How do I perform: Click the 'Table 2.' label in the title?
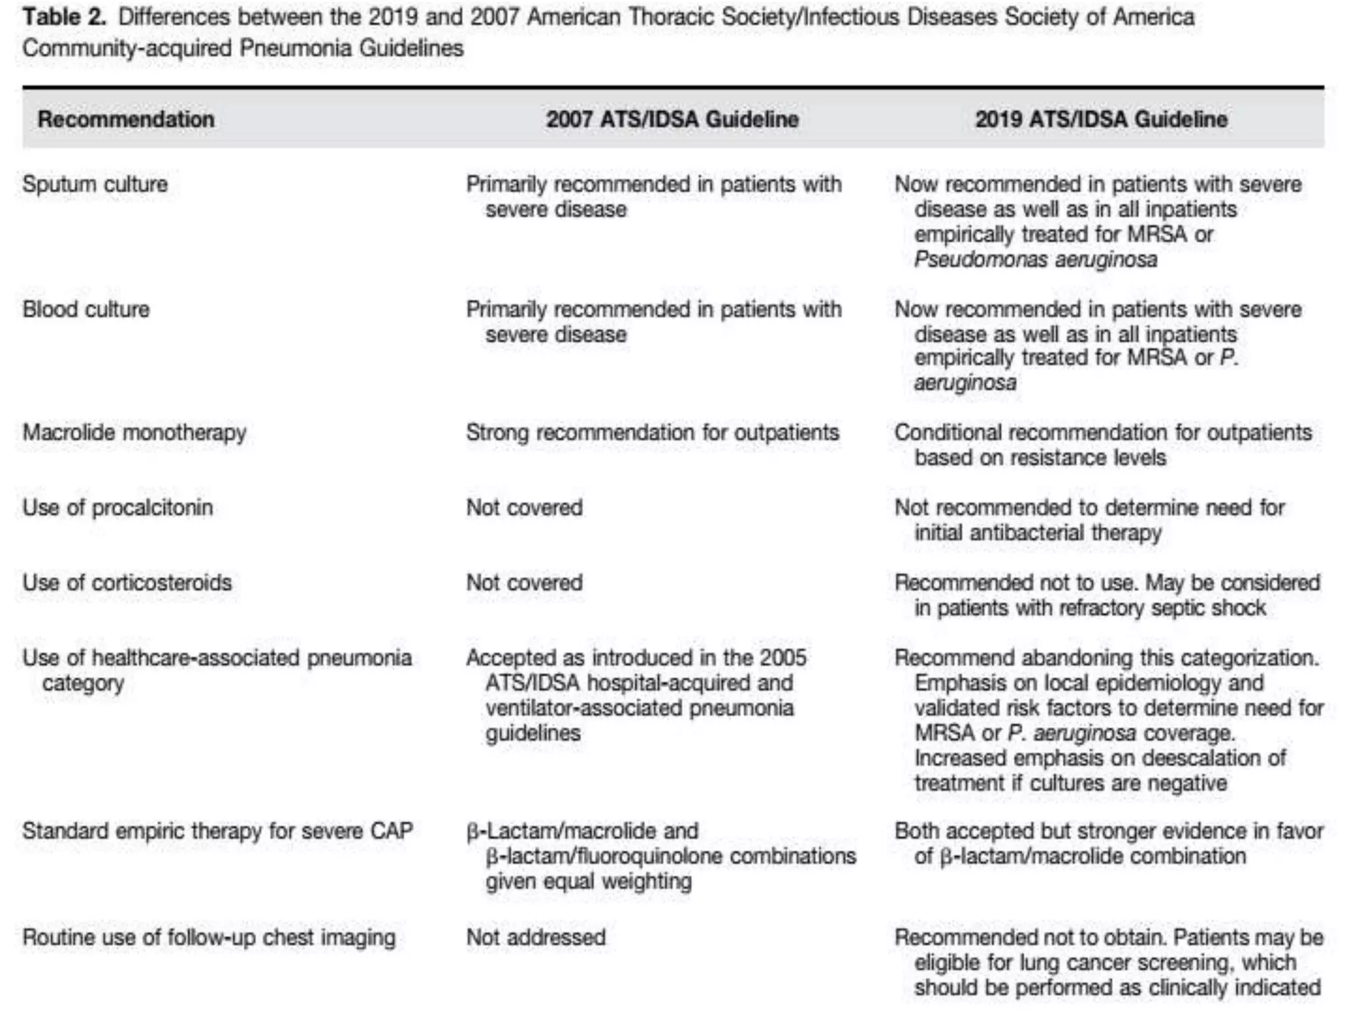click(x=64, y=17)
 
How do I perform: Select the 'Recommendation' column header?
click(x=126, y=120)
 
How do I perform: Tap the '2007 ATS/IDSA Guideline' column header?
click(x=672, y=120)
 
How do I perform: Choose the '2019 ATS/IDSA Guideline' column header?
click(x=1101, y=120)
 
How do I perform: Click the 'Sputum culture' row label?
click(x=95, y=184)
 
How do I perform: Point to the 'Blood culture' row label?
click(x=86, y=309)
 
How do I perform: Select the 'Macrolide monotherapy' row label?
click(x=134, y=433)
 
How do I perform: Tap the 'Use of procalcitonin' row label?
click(x=118, y=508)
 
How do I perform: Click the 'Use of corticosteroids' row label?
click(x=127, y=583)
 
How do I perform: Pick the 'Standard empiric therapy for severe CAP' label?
click(x=218, y=831)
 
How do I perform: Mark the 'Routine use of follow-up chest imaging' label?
click(x=209, y=938)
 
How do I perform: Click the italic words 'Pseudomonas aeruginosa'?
click(x=1035, y=260)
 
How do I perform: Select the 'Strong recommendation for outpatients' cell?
click(x=652, y=433)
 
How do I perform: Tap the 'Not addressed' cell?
click(x=535, y=938)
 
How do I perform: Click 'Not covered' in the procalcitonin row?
click(x=524, y=508)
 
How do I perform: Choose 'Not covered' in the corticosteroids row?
click(x=524, y=583)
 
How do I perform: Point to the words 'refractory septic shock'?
click(x=1162, y=608)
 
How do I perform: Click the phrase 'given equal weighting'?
click(x=589, y=882)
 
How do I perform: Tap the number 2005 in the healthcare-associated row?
click(x=782, y=658)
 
